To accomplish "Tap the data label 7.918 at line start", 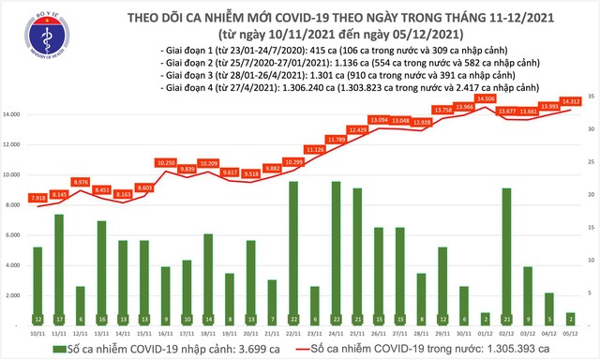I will tap(37, 198).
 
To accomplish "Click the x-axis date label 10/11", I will tap(37, 331).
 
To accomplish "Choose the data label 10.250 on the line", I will tap(166, 162).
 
